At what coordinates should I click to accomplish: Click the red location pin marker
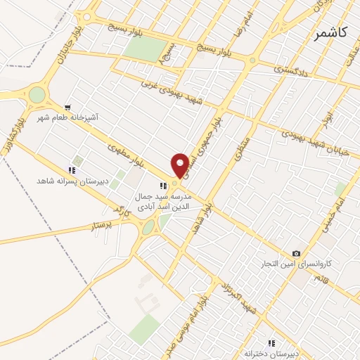[181, 165]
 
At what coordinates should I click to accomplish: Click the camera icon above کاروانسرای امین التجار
[296, 253]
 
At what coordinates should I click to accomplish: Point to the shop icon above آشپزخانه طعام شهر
[68, 107]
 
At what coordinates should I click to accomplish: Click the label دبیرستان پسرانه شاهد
[72, 181]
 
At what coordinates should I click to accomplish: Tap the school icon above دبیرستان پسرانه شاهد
[72, 170]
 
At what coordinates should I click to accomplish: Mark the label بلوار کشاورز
[21, 128]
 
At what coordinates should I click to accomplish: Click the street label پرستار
[102, 226]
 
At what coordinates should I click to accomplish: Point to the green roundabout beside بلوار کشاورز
[37, 94]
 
